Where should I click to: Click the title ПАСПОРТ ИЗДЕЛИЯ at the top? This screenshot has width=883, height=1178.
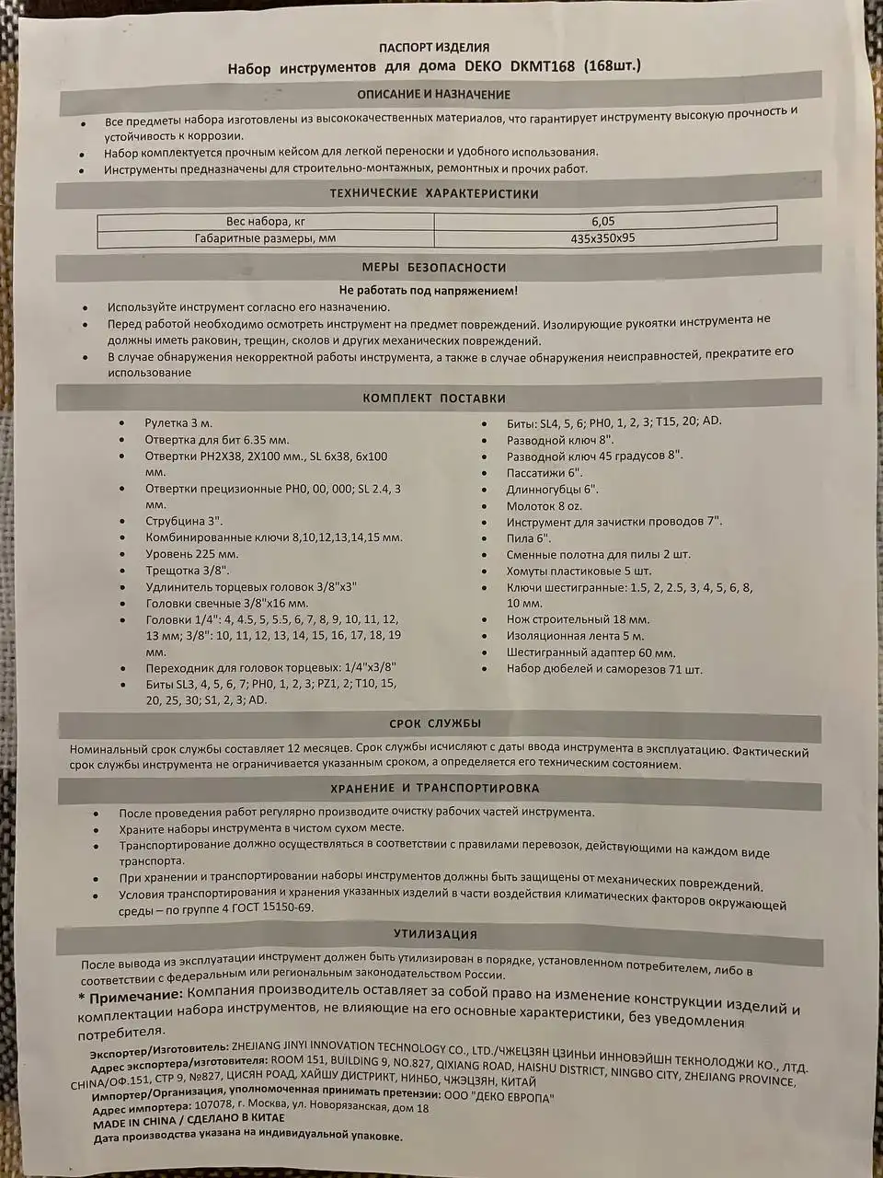(x=434, y=47)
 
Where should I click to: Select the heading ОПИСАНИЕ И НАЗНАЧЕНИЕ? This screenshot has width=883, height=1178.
(x=434, y=94)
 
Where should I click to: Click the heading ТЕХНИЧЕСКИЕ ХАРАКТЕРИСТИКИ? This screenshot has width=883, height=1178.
(x=434, y=194)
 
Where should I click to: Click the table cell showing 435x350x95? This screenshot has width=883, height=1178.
(x=603, y=238)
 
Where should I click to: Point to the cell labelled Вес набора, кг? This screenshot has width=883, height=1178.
(x=265, y=222)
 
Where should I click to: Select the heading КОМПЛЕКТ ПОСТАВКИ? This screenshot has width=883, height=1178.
(x=434, y=398)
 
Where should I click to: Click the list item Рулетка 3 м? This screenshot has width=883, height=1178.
(x=178, y=422)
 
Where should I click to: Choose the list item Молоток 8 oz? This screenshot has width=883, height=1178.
(x=544, y=506)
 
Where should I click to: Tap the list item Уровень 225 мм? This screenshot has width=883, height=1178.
(x=191, y=554)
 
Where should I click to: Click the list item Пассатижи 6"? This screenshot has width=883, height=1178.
(x=544, y=472)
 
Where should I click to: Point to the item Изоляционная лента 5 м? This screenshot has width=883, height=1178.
(x=575, y=636)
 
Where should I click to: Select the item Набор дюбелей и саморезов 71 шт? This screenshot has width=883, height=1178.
(x=603, y=669)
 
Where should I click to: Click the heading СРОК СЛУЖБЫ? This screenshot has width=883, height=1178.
(x=435, y=723)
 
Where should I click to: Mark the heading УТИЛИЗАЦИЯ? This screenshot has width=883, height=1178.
(x=435, y=934)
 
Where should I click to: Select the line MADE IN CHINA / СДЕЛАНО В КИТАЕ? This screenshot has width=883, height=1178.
(x=189, y=1119)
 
